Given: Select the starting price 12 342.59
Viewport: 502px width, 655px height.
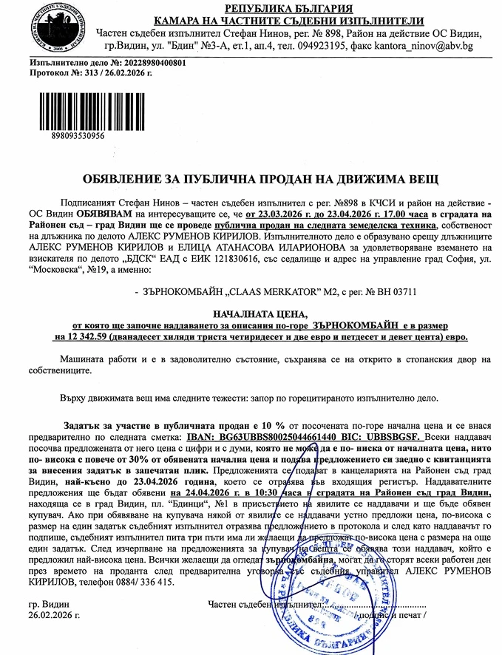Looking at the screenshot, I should [x=84, y=336].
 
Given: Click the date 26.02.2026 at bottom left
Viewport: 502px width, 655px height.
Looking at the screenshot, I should [x=54, y=615].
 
